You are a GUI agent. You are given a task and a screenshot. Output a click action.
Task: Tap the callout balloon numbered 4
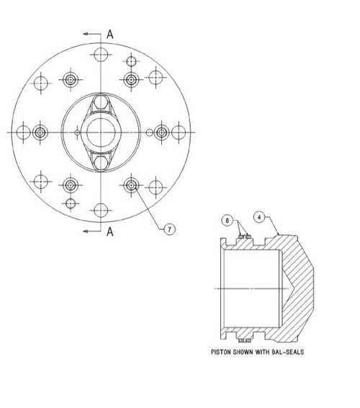(x=258, y=214)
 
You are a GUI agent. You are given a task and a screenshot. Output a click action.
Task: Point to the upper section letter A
(x=109, y=33)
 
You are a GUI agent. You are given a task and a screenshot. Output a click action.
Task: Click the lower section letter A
(x=110, y=231)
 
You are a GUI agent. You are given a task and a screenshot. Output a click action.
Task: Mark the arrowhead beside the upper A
(x=86, y=33)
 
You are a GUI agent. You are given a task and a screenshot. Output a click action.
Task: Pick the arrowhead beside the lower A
(x=86, y=231)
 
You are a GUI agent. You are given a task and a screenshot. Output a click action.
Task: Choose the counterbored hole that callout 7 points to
(x=131, y=185)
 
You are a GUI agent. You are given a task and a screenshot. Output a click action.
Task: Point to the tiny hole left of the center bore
(x=76, y=133)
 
